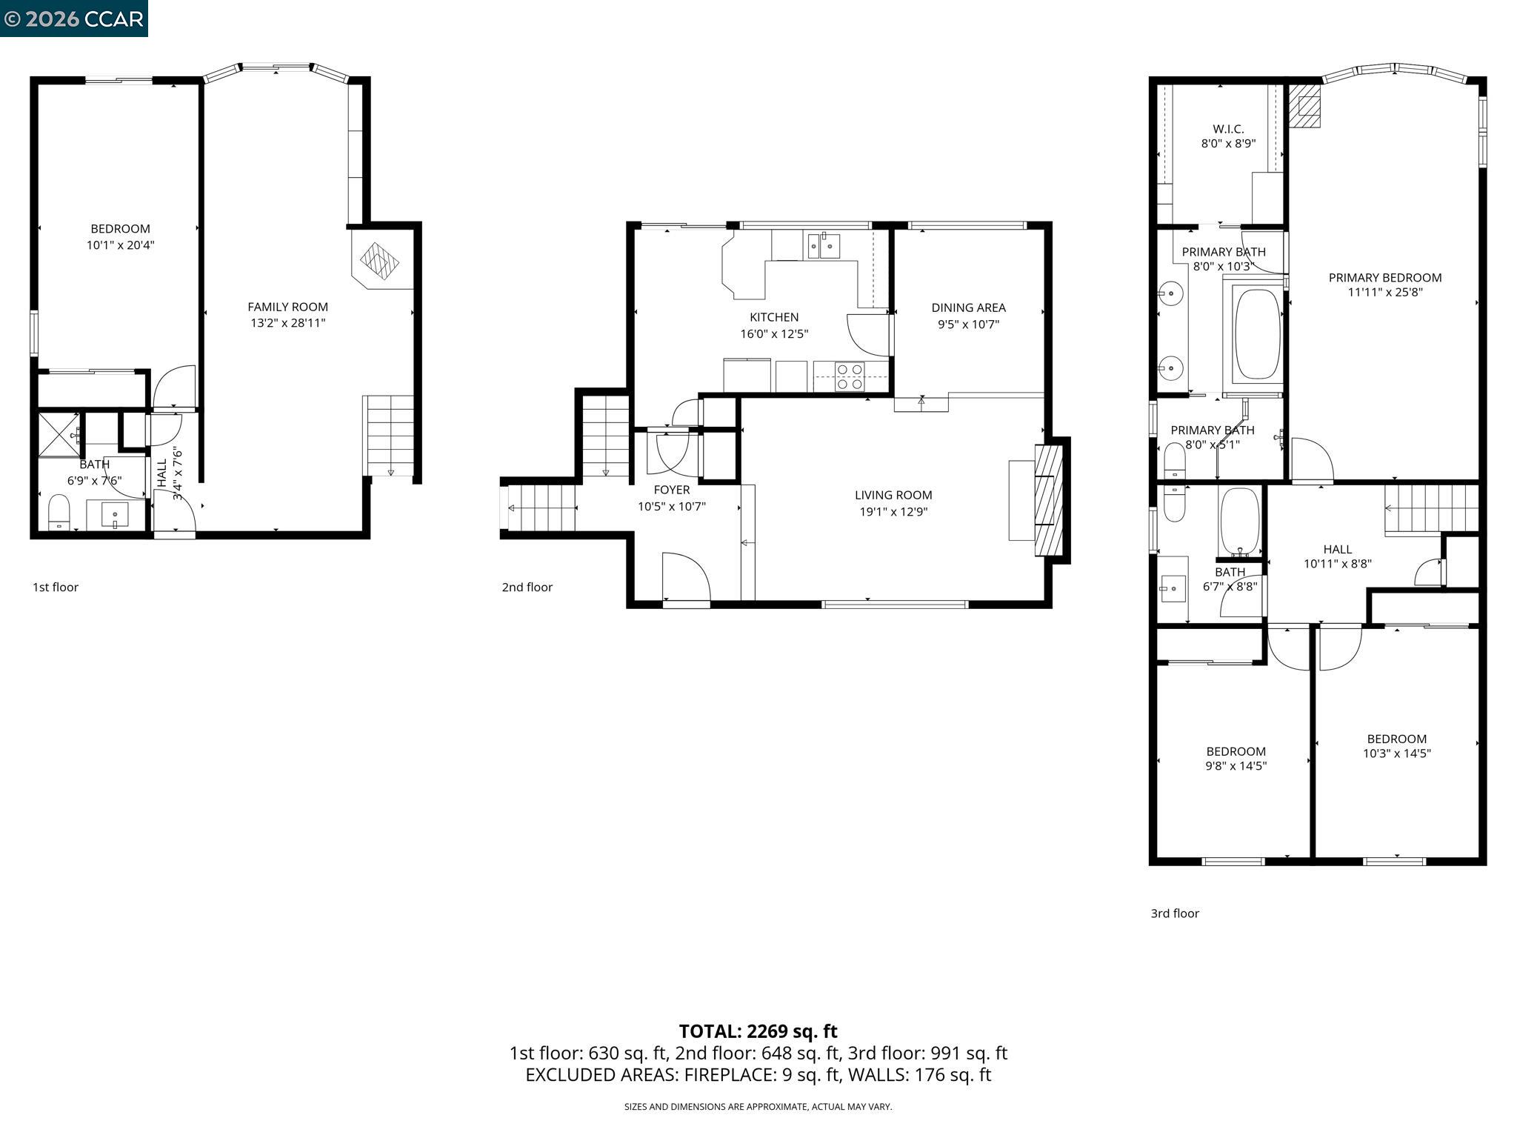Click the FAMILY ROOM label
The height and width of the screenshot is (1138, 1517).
(287, 307)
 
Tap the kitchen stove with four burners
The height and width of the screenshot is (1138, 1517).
(850, 376)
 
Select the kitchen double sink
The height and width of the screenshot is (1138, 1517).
(824, 245)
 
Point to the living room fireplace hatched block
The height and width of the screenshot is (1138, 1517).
(1048, 501)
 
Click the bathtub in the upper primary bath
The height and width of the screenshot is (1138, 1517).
(1257, 334)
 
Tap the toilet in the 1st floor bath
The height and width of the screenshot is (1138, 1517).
(59, 512)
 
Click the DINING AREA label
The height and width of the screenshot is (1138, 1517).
(968, 307)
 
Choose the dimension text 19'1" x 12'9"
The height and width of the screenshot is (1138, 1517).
(893, 511)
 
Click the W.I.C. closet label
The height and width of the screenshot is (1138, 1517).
(1228, 129)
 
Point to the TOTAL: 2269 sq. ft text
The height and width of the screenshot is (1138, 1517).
(758, 1031)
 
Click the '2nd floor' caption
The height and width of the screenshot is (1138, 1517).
(527, 587)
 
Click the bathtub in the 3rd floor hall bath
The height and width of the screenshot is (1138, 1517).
(1239, 521)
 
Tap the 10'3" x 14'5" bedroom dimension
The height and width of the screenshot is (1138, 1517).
(1396, 753)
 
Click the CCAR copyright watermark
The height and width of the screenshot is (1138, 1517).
(73, 19)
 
